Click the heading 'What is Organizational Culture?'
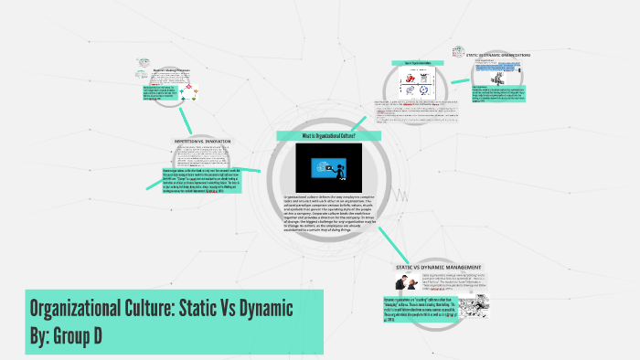(329, 135)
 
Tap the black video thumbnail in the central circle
(328, 167)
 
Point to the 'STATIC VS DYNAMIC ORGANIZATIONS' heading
(497, 55)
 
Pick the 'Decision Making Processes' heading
(170, 69)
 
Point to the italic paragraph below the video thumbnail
(328, 213)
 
